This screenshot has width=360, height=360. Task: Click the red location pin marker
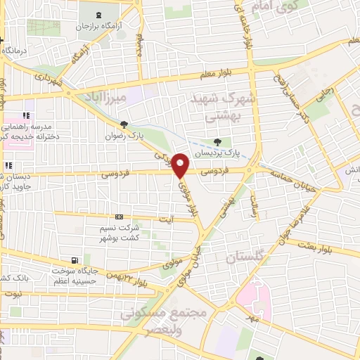coord(181,165)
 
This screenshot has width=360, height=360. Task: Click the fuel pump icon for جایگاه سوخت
coord(76,260)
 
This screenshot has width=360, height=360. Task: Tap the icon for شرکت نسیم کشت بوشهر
coord(119,217)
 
